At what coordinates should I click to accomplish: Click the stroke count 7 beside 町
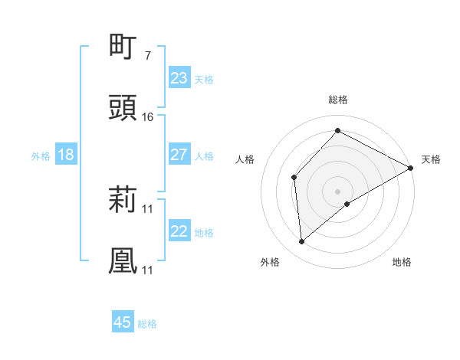click(x=148, y=55)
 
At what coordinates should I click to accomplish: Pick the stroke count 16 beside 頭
click(x=148, y=116)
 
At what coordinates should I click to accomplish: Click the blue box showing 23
click(x=179, y=78)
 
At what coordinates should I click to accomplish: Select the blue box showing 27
click(x=179, y=155)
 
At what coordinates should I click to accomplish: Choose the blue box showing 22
click(x=179, y=231)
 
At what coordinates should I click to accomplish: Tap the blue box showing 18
click(x=66, y=155)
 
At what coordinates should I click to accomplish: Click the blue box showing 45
click(x=123, y=322)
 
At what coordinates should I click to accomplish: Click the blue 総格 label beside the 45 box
click(x=147, y=324)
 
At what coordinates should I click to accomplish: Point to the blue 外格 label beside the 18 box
click(x=41, y=155)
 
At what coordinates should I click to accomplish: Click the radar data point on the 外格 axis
click(x=302, y=242)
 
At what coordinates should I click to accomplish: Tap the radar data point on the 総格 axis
click(x=337, y=131)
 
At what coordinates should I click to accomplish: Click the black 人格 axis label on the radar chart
click(x=245, y=159)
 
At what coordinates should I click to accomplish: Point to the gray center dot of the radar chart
click(x=337, y=190)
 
